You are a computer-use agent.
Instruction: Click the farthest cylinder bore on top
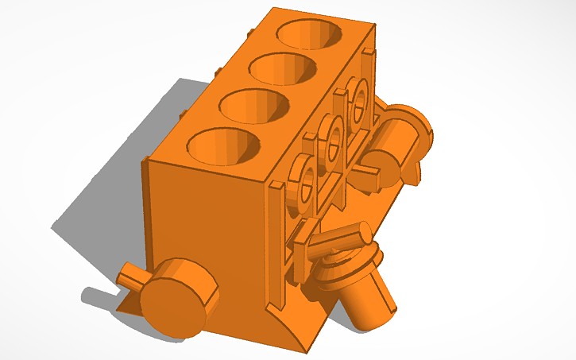point(311,33)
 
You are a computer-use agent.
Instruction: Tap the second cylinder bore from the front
point(253,106)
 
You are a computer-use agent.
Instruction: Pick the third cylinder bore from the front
point(282,68)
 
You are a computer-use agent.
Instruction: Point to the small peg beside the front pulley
point(129,279)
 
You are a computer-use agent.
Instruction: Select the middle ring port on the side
point(333,141)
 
